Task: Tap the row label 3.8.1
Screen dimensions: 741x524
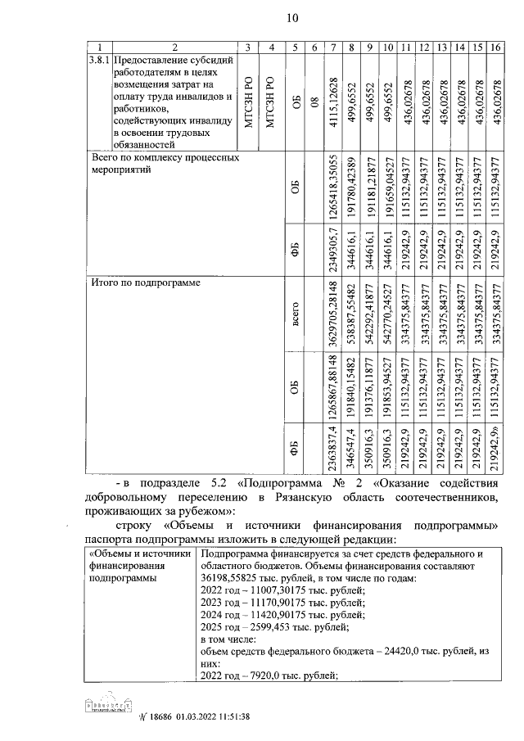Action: [x=97, y=61]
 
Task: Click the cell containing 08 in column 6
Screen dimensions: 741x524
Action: [x=314, y=100]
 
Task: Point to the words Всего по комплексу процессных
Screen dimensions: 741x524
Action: [x=164, y=156]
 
